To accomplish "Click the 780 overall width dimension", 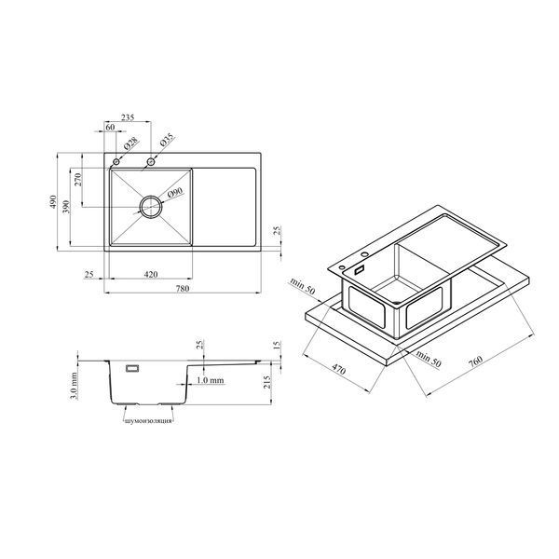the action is (x=183, y=288).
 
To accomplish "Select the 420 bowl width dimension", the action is (x=151, y=274).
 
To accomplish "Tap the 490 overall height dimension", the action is (x=53, y=202).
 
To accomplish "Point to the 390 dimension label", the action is (x=66, y=207).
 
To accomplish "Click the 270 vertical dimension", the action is (x=78, y=179).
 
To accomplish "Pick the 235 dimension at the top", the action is (x=128, y=117).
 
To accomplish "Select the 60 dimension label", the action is (x=111, y=127).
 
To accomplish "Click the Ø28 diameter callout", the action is (x=131, y=143).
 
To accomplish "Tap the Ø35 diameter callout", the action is (x=167, y=140).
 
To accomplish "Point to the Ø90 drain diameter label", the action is (x=175, y=193).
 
